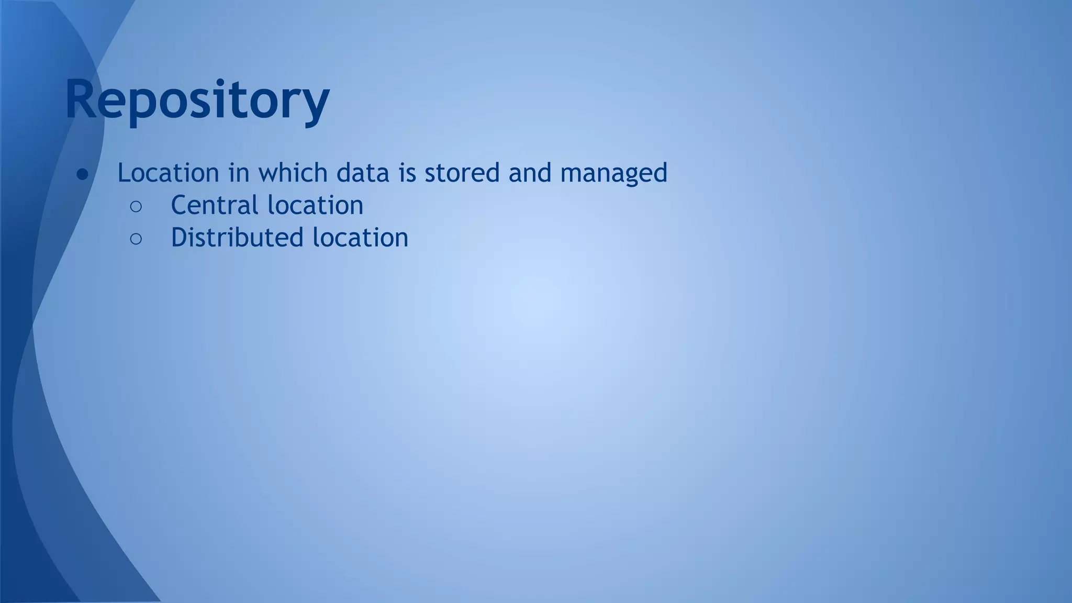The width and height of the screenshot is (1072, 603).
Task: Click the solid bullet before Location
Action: click(x=83, y=174)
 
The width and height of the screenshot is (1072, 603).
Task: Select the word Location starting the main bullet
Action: click(x=168, y=173)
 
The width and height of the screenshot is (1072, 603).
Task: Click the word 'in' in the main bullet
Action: click(x=239, y=173)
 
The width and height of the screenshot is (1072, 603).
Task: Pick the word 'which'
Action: click(x=293, y=173)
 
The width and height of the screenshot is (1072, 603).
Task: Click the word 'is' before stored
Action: click(x=407, y=173)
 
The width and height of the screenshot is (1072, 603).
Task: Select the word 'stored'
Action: click(x=462, y=173)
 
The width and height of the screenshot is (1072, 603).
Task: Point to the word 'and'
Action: click(x=530, y=173)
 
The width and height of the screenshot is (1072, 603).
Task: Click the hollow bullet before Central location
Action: click(x=136, y=207)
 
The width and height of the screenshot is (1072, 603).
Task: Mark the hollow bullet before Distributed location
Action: click(x=136, y=239)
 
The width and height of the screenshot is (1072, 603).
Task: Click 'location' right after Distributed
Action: click(x=360, y=238)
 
